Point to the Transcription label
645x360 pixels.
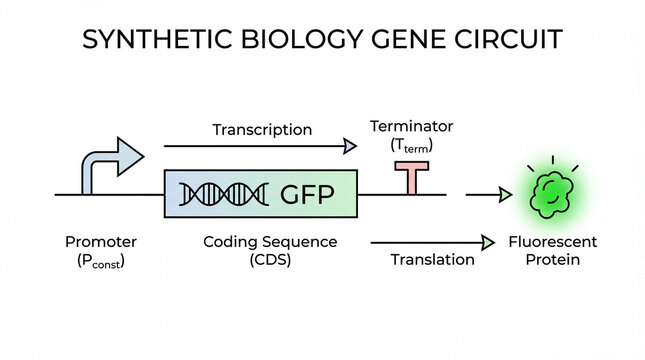pyautogui.click(x=262, y=130)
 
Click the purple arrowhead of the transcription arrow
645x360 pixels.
pyautogui.click(x=350, y=147)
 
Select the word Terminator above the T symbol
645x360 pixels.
pyautogui.click(x=412, y=127)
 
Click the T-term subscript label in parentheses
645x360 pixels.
pyautogui.click(x=412, y=146)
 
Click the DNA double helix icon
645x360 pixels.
pyautogui.click(x=227, y=194)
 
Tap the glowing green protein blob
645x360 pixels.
pyautogui.click(x=548, y=191)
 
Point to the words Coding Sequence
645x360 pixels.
pyautogui.click(x=270, y=242)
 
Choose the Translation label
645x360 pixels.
pyautogui.click(x=431, y=260)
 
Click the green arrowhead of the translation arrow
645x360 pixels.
pyautogui.click(x=489, y=242)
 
